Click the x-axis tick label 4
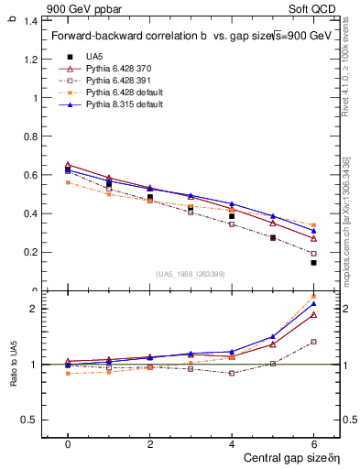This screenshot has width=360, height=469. click(232, 443)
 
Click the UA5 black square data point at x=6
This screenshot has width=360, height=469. click(313, 263)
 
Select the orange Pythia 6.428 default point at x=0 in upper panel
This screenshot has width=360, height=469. click(68, 182)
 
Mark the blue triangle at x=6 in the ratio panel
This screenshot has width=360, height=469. click(313, 304)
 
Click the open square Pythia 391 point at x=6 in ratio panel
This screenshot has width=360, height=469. click(313, 342)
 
